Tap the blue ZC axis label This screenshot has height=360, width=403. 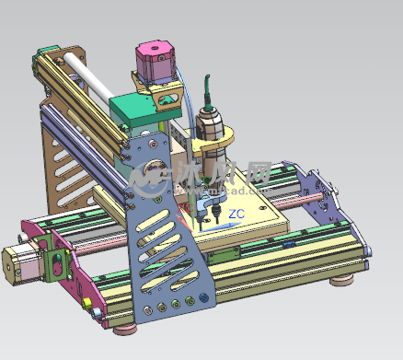pyautogui.click(x=236, y=215)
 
